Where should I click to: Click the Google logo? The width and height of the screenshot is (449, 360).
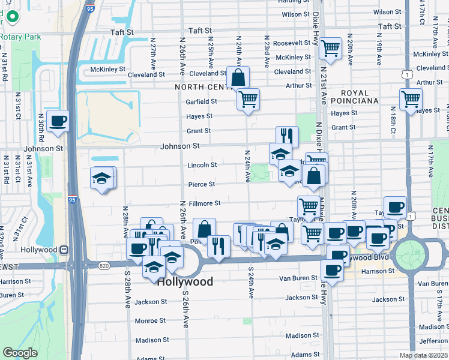[19, 353]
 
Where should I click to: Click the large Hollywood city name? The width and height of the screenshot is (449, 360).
[185, 281]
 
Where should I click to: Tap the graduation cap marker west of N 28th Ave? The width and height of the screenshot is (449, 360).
[102, 178]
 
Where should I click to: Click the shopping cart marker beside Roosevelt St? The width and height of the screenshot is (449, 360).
[330, 49]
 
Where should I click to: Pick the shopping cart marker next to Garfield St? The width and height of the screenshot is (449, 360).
[247, 99]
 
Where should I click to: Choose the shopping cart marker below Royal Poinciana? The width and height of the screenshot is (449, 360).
[411, 99]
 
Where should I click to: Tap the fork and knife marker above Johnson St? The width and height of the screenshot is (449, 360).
[287, 137]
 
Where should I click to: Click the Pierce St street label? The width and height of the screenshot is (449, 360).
[202, 184]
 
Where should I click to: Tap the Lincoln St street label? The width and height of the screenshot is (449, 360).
[202, 165]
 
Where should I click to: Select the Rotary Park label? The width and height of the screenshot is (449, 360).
[13, 37]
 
